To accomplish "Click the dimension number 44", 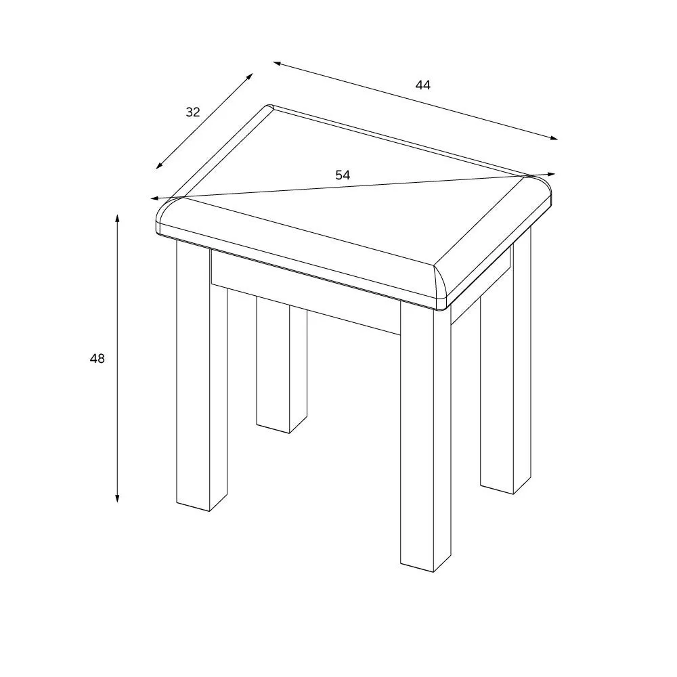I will [x=423, y=85].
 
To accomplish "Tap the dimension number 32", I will [x=193, y=112].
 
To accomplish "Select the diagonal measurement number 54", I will [x=343, y=175].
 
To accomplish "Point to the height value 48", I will [x=97, y=359].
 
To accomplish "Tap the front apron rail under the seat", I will [x=305, y=291].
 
